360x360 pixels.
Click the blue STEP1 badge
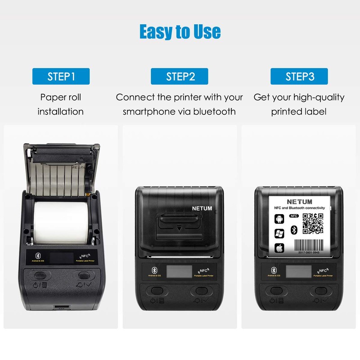point(61,76)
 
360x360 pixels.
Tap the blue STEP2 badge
point(180,76)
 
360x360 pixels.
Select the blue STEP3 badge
point(299,76)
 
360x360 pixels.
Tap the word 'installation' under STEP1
point(61,112)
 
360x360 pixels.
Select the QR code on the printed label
point(313,224)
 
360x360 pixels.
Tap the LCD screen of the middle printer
point(179,271)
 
